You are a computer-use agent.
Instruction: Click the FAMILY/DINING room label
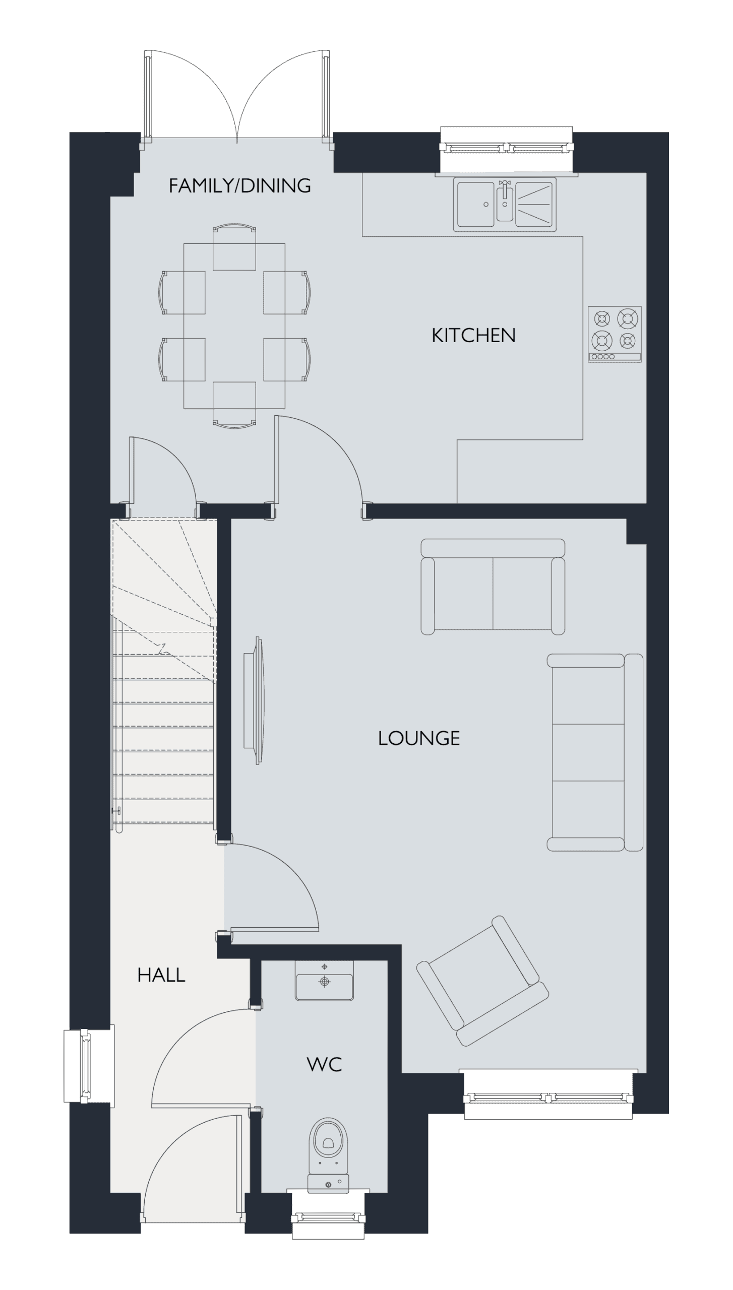(239, 186)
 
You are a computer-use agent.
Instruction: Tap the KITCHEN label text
(473, 336)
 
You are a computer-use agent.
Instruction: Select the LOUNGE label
(419, 738)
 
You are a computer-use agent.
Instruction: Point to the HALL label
(161, 975)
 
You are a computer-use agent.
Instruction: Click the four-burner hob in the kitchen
(615, 334)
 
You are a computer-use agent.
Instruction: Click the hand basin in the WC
(324, 980)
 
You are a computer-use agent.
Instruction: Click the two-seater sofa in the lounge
(493, 587)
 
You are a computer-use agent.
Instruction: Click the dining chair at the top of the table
(234, 247)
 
